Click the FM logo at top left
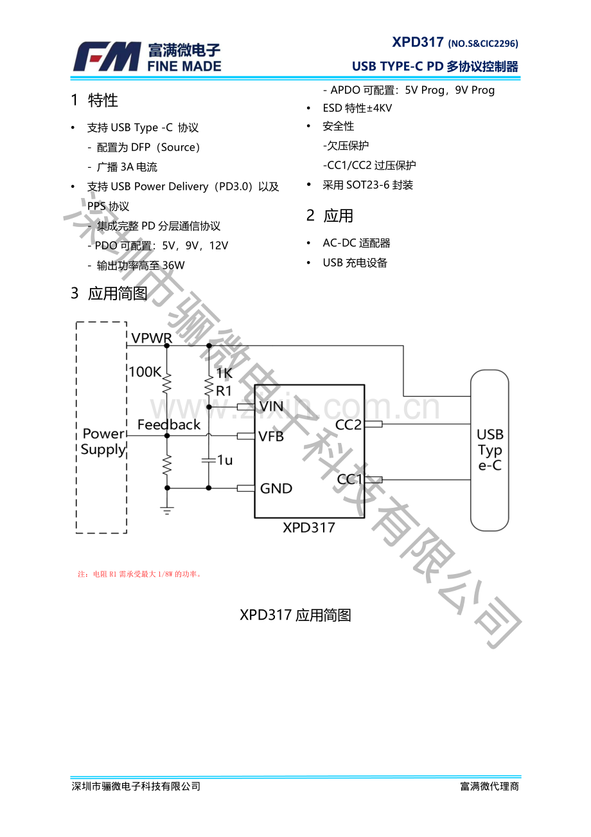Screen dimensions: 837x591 (x=107, y=57)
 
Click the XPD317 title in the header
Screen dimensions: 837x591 (x=418, y=42)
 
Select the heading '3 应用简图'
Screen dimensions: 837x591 (x=109, y=294)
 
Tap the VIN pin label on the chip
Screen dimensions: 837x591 (x=271, y=406)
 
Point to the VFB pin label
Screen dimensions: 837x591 (x=271, y=436)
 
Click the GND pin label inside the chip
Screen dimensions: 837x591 (x=276, y=489)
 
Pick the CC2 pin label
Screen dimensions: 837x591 (x=349, y=424)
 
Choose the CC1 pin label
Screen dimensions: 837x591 (x=350, y=480)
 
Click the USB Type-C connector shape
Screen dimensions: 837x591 (x=490, y=450)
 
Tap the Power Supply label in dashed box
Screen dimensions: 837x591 (x=103, y=442)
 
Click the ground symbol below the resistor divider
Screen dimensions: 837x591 (x=167, y=510)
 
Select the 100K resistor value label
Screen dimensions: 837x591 (x=145, y=372)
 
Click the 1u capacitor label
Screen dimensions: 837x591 (x=225, y=460)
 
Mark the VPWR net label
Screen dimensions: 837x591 (x=152, y=338)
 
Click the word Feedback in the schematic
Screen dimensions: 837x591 (x=169, y=425)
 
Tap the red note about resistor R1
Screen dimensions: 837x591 (x=140, y=574)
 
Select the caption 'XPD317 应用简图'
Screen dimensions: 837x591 (x=295, y=615)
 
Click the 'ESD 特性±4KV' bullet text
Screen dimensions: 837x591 (x=357, y=108)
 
